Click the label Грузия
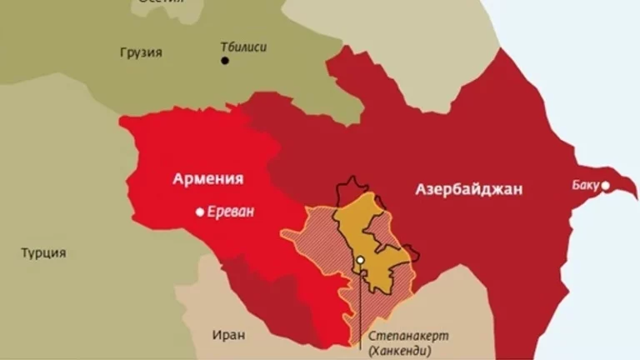tap(141, 52)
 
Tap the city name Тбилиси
tap(243, 47)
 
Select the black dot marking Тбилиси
tap(224, 61)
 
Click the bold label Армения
tap(208, 178)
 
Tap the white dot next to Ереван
tap(200, 212)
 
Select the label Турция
tap(43, 252)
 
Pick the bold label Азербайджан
tap(469, 190)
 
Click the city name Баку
tap(585, 184)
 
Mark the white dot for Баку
tap(606, 185)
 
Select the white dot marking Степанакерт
tap(360, 260)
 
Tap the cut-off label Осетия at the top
tap(162, 3)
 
